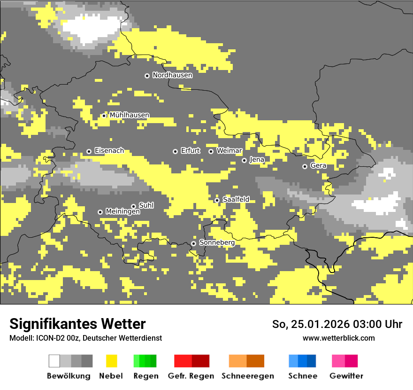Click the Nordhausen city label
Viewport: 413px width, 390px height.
pyautogui.click(x=172, y=75)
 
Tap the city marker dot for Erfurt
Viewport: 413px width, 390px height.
pyautogui.click(x=175, y=151)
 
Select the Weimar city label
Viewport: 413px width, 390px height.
pyautogui.click(x=229, y=151)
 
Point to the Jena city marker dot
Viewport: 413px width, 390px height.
pyautogui.click(x=244, y=160)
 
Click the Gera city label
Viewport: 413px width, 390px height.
pyautogui.click(x=318, y=166)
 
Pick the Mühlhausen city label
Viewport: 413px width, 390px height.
pyautogui.click(x=130, y=115)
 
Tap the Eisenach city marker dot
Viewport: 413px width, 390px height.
pyautogui.click(x=89, y=151)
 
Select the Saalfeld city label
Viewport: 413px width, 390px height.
pyautogui.click(x=236, y=200)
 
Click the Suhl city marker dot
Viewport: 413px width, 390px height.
pyautogui.click(x=133, y=206)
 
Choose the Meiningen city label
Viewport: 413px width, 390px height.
pyautogui.click(x=122, y=212)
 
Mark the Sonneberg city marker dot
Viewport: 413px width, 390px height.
pyautogui.click(x=193, y=243)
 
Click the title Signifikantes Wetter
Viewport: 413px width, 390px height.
pyautogui.click(x=77, y=324)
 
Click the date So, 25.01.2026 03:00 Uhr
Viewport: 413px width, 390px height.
pyautogui.click(x=337, y=324)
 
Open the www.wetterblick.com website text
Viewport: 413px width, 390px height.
pyautogui.click(x=338, y=338)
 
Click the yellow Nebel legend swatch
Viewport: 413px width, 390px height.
pyautogui.click(x=111, y=361)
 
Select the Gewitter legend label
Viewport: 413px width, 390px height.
pyautogui.click(x=346, y=376)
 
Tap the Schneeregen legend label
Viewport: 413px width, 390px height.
pyautogui.click(x=247, y=376)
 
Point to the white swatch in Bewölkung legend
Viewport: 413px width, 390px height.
pyautogui.click(x=54, y=361)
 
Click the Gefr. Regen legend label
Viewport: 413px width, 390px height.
pyautogui.click(x=191, y=376)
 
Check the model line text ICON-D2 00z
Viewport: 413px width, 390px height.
pyautogui.click(x=85, y=338)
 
